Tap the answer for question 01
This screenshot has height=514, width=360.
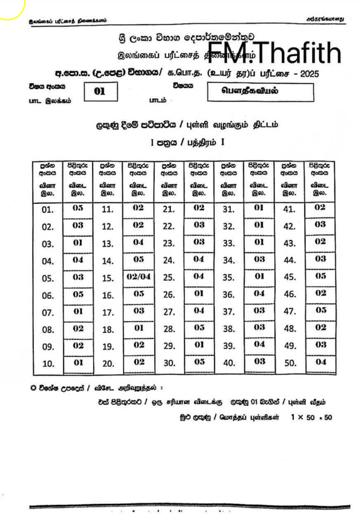(x=77, y=208)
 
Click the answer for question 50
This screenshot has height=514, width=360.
(x=320, y=362)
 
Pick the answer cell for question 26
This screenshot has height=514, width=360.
(x=199, y=294)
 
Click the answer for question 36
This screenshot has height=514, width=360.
(x=259, y=294)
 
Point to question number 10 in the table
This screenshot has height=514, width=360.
(x=48, y=363)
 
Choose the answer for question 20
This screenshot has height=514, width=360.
(x=138, y=362)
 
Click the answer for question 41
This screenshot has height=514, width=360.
(x=320, y=208)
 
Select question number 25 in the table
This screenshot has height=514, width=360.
(x=168, y=277)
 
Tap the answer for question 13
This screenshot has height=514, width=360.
(x=138, y=243)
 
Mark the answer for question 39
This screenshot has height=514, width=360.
(x=259, y=345)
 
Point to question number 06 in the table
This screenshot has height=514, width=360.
(x=48, y=294)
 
